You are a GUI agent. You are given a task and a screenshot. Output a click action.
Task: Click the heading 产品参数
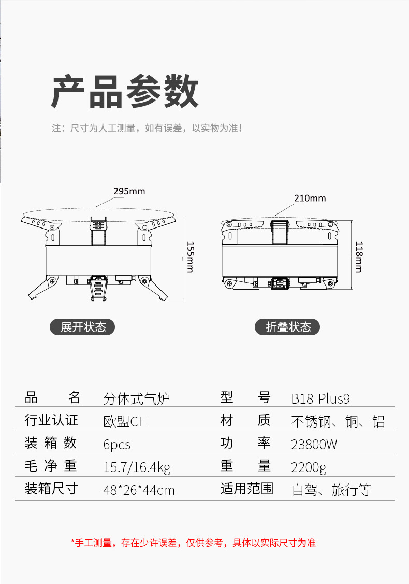pos(125,91)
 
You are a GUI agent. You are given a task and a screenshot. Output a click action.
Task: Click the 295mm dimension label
pos(129,191)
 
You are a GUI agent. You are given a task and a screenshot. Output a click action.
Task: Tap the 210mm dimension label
pos(310,198)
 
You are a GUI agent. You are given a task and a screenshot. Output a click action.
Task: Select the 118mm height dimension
pos(358,257)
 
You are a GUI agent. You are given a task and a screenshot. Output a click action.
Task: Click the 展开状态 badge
pos(83,327)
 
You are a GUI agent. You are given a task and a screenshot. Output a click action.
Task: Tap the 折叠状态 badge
pos(288,327)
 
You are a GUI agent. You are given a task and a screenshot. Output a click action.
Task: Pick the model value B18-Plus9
pos(320,398)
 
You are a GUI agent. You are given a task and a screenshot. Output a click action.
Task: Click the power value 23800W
pos(314,444)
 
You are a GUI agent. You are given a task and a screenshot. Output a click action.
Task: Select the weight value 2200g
pos(309,467)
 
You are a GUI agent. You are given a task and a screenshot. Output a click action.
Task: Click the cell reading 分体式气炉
pos(137,398)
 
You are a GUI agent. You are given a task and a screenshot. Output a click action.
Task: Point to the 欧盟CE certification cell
pos(125,421)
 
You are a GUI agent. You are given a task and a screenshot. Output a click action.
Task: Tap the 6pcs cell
pos(117,445)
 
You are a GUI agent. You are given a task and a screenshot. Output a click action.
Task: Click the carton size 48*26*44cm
pos(139,490)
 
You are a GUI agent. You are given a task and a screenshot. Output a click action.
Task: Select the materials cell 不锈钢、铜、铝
pos(338,421)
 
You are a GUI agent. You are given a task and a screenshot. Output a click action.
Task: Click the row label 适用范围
pos(246,489)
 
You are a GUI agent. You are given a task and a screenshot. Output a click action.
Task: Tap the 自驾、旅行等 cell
pos(332,490)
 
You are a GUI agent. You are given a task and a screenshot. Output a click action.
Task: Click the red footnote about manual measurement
pos(193,543)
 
